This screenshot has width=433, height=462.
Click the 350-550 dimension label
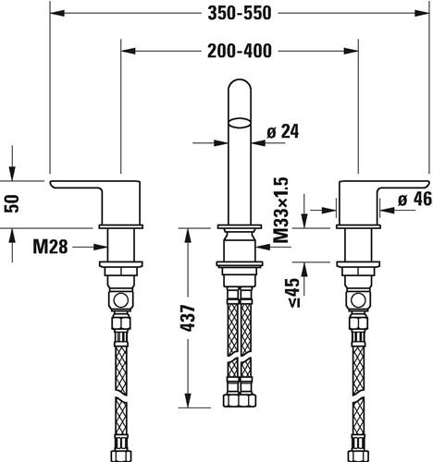tap(240, 13)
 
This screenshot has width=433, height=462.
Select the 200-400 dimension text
tap(240, 51)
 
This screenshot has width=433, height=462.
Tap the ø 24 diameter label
tap(283, 132)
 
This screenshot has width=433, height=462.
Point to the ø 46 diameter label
tap(415, 200)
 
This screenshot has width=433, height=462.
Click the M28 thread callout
tap(50, 247)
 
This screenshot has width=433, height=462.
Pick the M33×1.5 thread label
tap(281, 210)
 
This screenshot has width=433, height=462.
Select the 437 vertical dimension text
tap(188, 318)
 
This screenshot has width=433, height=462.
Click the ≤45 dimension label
tap(294, 293)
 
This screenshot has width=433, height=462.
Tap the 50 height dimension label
tap(12, 204)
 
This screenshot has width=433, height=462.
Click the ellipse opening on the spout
tap(240, 123)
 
